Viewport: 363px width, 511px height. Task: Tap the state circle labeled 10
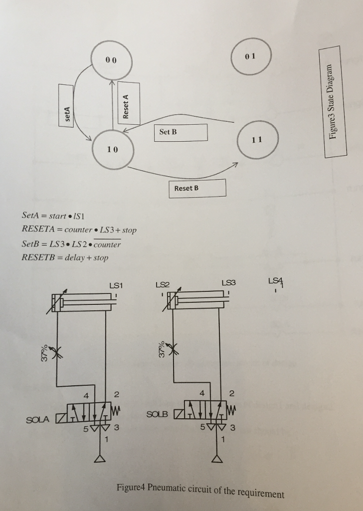[112, 149]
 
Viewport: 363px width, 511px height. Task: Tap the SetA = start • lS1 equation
[55, 216]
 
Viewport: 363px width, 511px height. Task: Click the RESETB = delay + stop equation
[65, 257]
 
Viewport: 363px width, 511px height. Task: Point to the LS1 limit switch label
[116, 285]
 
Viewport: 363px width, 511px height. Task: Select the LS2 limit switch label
[163, 285]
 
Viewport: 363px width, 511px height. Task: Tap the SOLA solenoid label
[39, 419]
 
